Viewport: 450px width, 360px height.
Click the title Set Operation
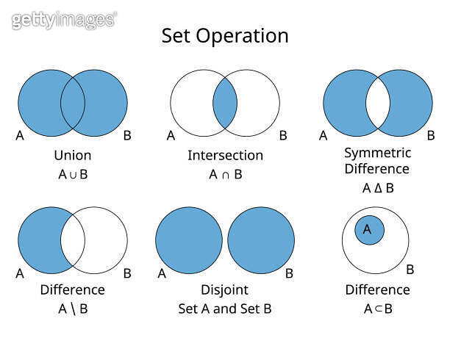point(225,36)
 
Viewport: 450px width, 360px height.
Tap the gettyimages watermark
point(64,20)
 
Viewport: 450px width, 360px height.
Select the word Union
point(73,156)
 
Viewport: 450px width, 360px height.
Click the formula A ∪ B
point(73,174)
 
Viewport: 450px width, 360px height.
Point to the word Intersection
point(225,156)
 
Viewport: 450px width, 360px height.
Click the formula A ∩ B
point(226,174)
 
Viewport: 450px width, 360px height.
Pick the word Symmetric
point(378,153)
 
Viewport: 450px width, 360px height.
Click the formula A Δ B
point(378,188)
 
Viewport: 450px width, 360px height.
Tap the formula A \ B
point(73,309)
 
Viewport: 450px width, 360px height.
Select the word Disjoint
point(225,290)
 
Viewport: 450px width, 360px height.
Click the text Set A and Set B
point(225,309)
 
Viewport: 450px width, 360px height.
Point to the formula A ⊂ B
point(378,309)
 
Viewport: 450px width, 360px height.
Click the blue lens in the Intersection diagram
point(225,103)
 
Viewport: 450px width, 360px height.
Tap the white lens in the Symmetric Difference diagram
point(378,103)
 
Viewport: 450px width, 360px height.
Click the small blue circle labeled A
point(369,230)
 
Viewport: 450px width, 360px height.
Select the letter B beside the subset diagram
point(410,270)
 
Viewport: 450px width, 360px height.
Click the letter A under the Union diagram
point(20,135)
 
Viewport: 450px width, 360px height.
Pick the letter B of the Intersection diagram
point(283,135)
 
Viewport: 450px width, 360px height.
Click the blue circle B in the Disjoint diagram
point(261,240)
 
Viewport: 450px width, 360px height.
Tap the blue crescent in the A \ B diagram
point(40,240)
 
